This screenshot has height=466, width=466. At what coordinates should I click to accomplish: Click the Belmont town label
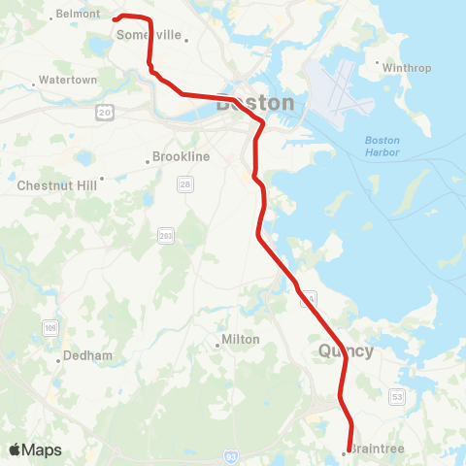(79, 14)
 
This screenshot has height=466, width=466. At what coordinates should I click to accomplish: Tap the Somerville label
(150, 34)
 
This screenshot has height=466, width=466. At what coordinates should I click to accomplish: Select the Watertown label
(68, 80)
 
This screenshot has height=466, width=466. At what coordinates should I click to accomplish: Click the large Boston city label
(255, 102)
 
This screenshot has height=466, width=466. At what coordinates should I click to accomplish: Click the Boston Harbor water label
(382, 147)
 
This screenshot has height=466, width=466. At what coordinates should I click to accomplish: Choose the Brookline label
(181, 156)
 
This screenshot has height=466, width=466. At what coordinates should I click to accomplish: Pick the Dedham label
(83, 355)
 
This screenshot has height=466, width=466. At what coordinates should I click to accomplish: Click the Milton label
(239, 340)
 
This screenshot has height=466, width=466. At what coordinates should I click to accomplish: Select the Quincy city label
(346, 351)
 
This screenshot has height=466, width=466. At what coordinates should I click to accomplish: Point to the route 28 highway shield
(183, 183)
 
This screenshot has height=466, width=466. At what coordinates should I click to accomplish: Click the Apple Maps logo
(35, 449)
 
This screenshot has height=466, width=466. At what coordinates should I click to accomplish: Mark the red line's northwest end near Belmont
(115, 17)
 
